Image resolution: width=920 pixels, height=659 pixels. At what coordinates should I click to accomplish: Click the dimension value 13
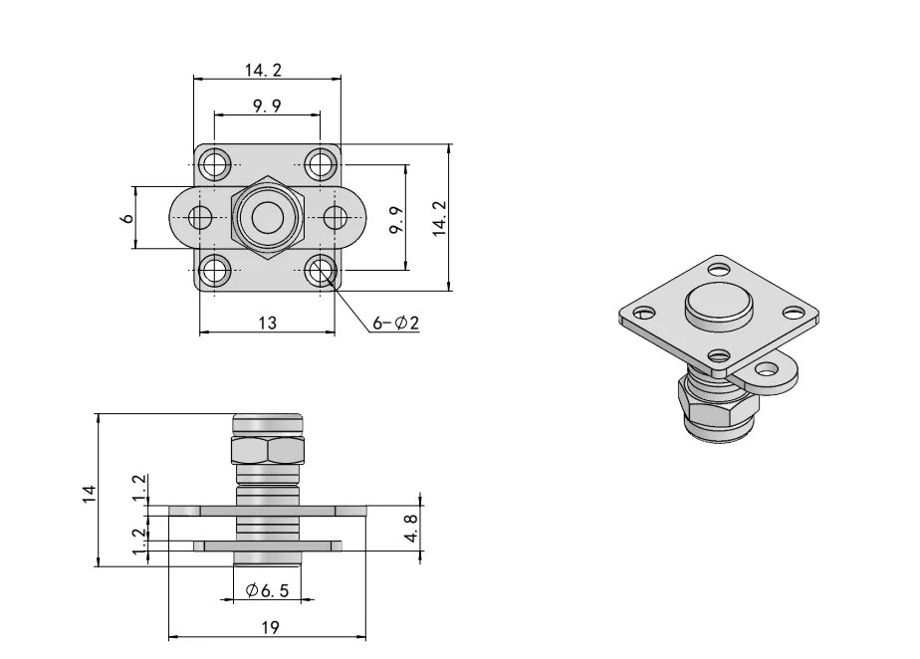[x=267, y=323]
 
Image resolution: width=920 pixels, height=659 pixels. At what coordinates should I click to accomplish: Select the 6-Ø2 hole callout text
[x=395, y=323]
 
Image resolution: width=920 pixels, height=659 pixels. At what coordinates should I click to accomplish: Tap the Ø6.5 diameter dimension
[x=267, y=590]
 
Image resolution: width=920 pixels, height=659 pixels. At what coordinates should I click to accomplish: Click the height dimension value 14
[x=88, y=491]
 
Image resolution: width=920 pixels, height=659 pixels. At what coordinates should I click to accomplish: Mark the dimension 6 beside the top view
[x=126, y=217]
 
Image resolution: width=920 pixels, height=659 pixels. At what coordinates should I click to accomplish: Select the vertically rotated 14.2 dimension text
[x=439, y=218]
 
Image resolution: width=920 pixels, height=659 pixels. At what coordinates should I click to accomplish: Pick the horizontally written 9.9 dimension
[x=267, y=107]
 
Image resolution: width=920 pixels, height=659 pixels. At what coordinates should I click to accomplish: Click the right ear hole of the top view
[x=335, y=218]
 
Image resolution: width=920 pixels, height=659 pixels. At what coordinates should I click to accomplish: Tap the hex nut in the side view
[x=267, y=451]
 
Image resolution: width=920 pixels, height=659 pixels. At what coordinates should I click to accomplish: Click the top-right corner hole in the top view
[x=320, y=161]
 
